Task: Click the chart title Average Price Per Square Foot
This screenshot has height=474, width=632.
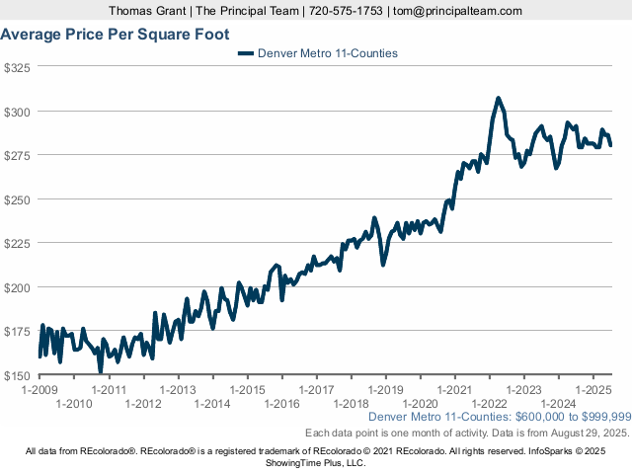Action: click(115, 35)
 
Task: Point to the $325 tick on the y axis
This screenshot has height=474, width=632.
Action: click(19, 67)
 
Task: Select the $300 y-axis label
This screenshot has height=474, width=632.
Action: click(19, 112)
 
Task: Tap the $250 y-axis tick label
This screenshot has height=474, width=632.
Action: click(19, 199)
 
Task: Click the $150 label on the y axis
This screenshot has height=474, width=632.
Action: click(19, 376)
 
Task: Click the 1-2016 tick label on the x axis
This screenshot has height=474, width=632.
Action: click(281, 403)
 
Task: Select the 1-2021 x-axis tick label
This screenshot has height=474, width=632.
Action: click(454, 389)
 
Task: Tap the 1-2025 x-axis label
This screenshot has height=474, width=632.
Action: click(592, 389)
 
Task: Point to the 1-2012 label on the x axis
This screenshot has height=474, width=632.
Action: click(143, 403)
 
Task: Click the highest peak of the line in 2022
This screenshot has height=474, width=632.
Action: click(499, 98)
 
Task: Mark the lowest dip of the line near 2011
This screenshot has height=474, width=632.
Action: click(100, 370)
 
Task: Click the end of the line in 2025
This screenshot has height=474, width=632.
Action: click(611, 145)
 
